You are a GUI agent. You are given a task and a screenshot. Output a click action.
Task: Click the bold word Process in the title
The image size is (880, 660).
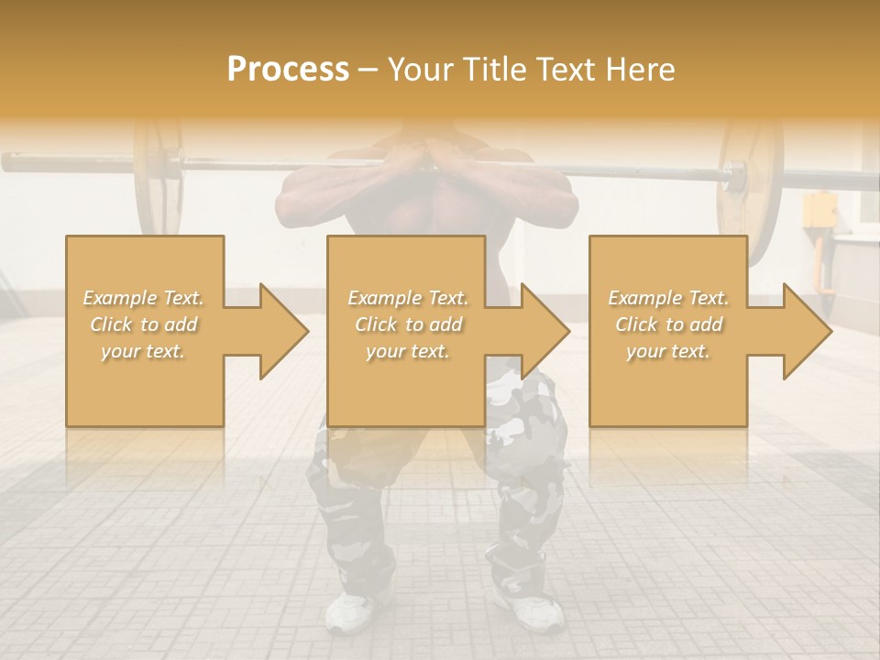point(288,70)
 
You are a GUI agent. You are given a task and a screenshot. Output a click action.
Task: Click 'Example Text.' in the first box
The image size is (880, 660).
point(144,298)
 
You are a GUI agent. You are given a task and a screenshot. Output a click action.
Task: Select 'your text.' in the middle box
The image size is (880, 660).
point(407,351)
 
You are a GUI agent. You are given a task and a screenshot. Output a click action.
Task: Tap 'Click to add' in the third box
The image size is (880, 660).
point(669,324)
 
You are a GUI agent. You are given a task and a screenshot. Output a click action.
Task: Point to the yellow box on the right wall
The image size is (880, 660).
point(820,211)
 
